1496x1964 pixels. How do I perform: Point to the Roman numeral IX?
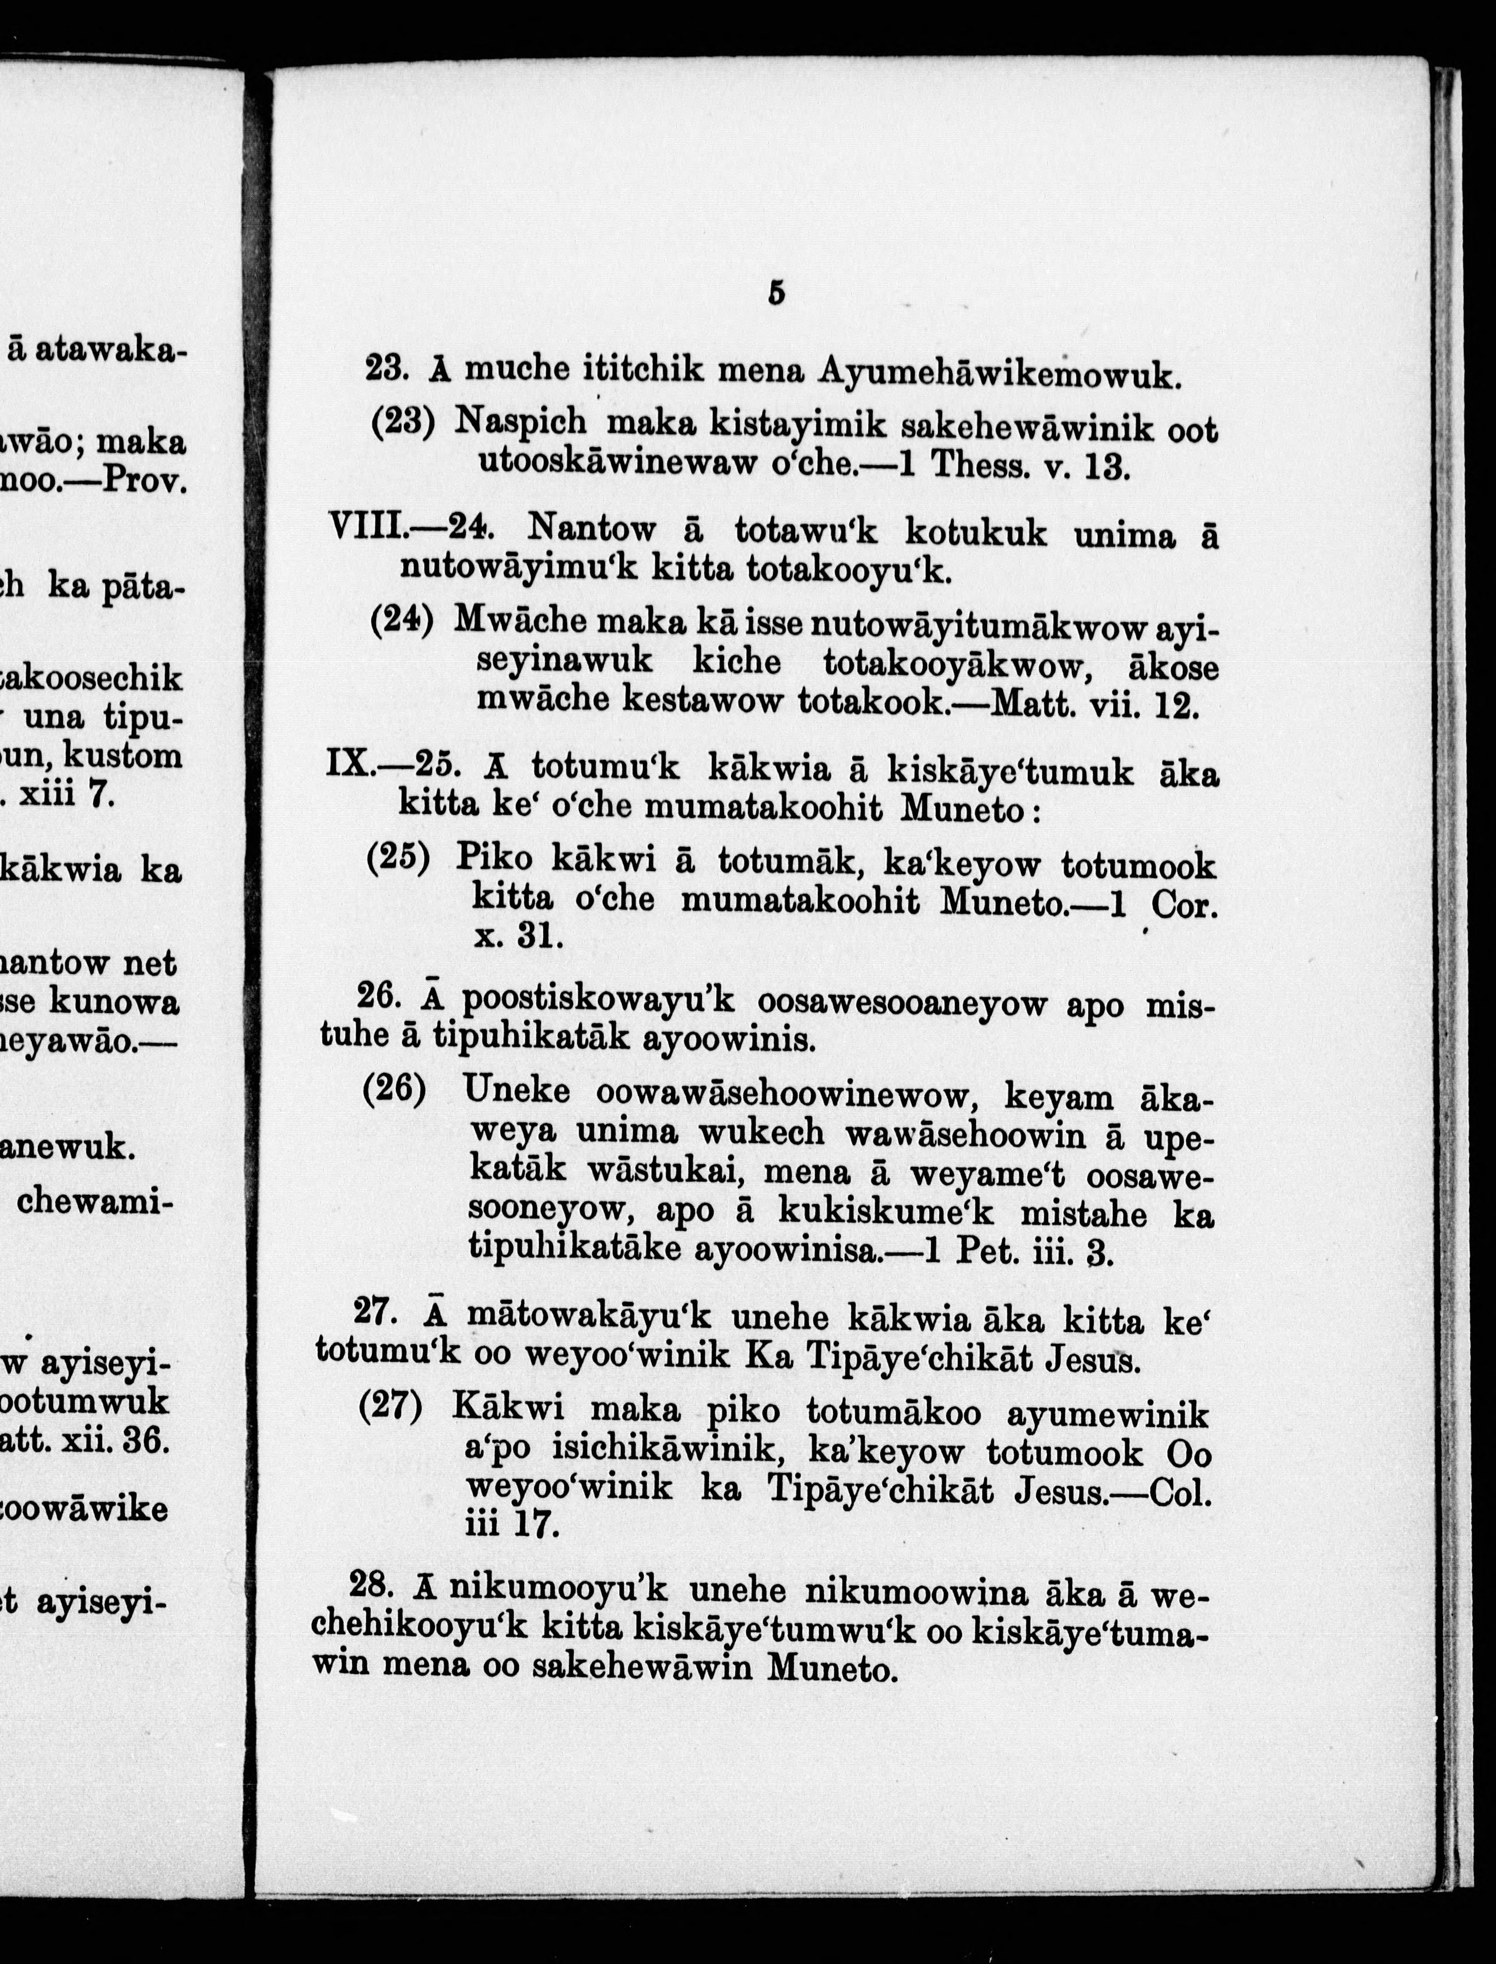click(350, 766)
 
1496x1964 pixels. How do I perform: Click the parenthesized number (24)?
click(402, 621)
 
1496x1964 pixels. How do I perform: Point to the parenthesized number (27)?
click(391, 1407)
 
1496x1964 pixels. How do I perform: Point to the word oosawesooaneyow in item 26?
click(901, 1005)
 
